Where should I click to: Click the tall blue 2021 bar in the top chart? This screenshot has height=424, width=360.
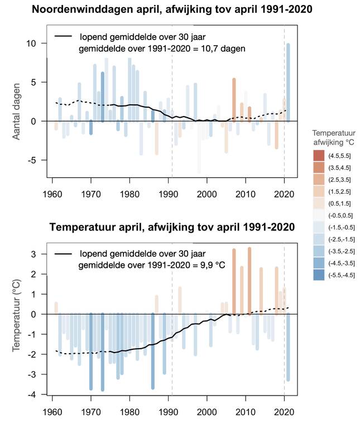tap(288, 83)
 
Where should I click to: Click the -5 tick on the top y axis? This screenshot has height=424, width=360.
tap(33, 160)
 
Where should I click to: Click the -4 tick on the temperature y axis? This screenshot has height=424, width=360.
tap(34, 394)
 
